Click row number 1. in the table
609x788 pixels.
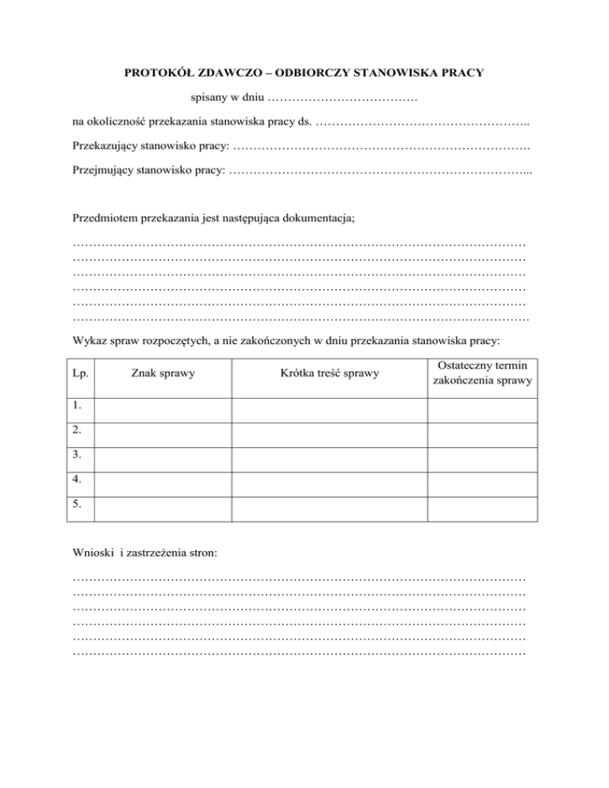77,406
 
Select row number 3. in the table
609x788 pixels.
77,455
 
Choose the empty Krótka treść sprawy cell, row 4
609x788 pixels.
330,480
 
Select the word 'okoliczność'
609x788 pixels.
117,124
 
